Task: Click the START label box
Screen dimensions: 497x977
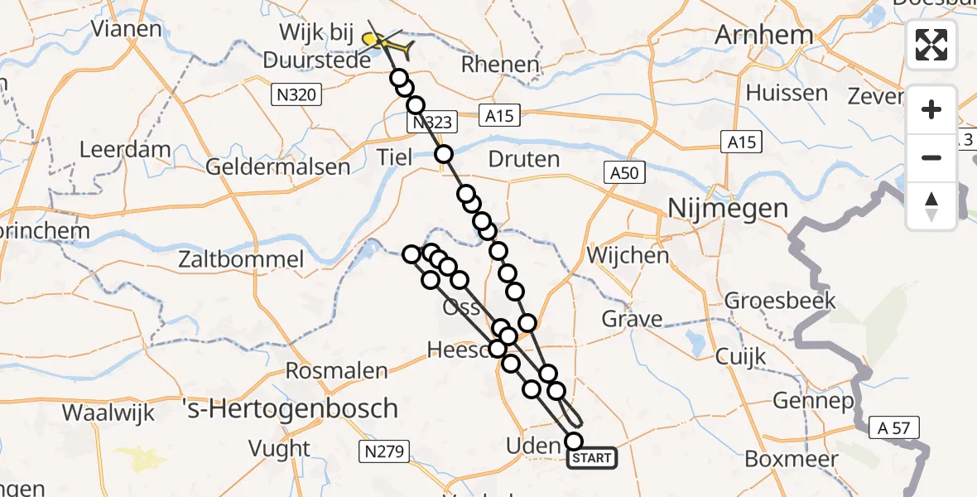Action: coord(592,458)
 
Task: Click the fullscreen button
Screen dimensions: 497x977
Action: coord(931,45)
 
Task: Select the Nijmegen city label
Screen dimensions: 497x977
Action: coord(728,208)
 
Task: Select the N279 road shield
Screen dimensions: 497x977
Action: coord(383,451)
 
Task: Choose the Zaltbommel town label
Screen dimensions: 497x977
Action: coord(242,259)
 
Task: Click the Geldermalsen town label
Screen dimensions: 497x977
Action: coord(278,166)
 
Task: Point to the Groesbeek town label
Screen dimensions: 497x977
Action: coord(768,301)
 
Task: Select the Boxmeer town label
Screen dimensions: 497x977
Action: coord(792,457)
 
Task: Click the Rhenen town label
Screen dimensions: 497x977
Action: coord(501,65)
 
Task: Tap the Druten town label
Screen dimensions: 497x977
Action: coord(524,158)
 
